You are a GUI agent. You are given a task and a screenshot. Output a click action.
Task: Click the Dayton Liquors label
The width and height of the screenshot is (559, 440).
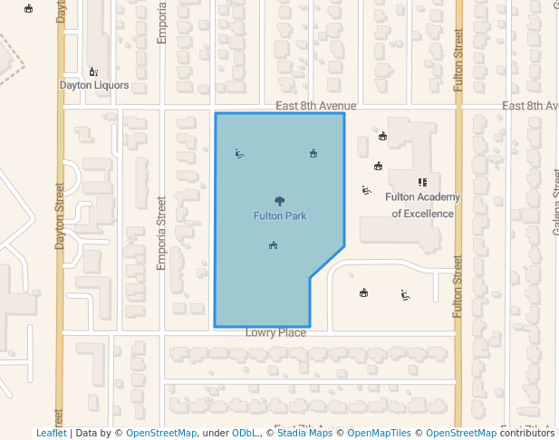click(x=94, y=86)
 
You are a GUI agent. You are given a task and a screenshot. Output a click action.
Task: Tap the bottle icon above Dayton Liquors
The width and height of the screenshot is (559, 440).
click(x=93, y=72)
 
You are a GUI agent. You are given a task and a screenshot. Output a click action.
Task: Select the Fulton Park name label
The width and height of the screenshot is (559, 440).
click(x=279, y=216)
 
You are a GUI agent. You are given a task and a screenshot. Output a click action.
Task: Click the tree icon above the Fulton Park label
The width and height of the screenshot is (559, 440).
click(x=279, y=201)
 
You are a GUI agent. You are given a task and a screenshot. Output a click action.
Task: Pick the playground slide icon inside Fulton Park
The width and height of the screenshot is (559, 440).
click(x=239, y=153)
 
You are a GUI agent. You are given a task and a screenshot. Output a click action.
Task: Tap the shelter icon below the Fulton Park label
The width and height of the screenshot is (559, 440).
click(x=273, y=244)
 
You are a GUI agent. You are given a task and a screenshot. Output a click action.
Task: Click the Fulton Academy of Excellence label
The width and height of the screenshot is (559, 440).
click(x=422, y=206)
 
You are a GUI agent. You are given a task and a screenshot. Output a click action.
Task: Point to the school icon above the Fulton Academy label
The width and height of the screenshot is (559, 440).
click(x=422, y=182)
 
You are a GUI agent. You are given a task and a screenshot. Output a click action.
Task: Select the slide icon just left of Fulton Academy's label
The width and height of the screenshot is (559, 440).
click(x=366, y=190)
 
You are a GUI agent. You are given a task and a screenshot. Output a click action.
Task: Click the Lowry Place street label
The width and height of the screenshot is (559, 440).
click(x=275, y=333)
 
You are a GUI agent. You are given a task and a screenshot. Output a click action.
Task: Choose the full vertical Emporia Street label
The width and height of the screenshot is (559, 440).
click(x=162, y=234)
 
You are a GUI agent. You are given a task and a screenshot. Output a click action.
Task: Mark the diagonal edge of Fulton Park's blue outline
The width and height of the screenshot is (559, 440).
click(x=327, y=263)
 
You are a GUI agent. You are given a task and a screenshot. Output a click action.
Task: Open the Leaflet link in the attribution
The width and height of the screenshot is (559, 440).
click(x=51, y=434)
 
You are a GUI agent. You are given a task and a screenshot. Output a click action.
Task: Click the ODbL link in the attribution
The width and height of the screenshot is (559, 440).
click(x=245, y=434)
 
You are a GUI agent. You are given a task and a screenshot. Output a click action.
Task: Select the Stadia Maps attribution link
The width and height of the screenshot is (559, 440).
click(x=304, y=434)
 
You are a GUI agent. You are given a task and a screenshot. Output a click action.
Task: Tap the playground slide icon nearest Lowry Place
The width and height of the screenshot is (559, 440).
click(x=405, y=294)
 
